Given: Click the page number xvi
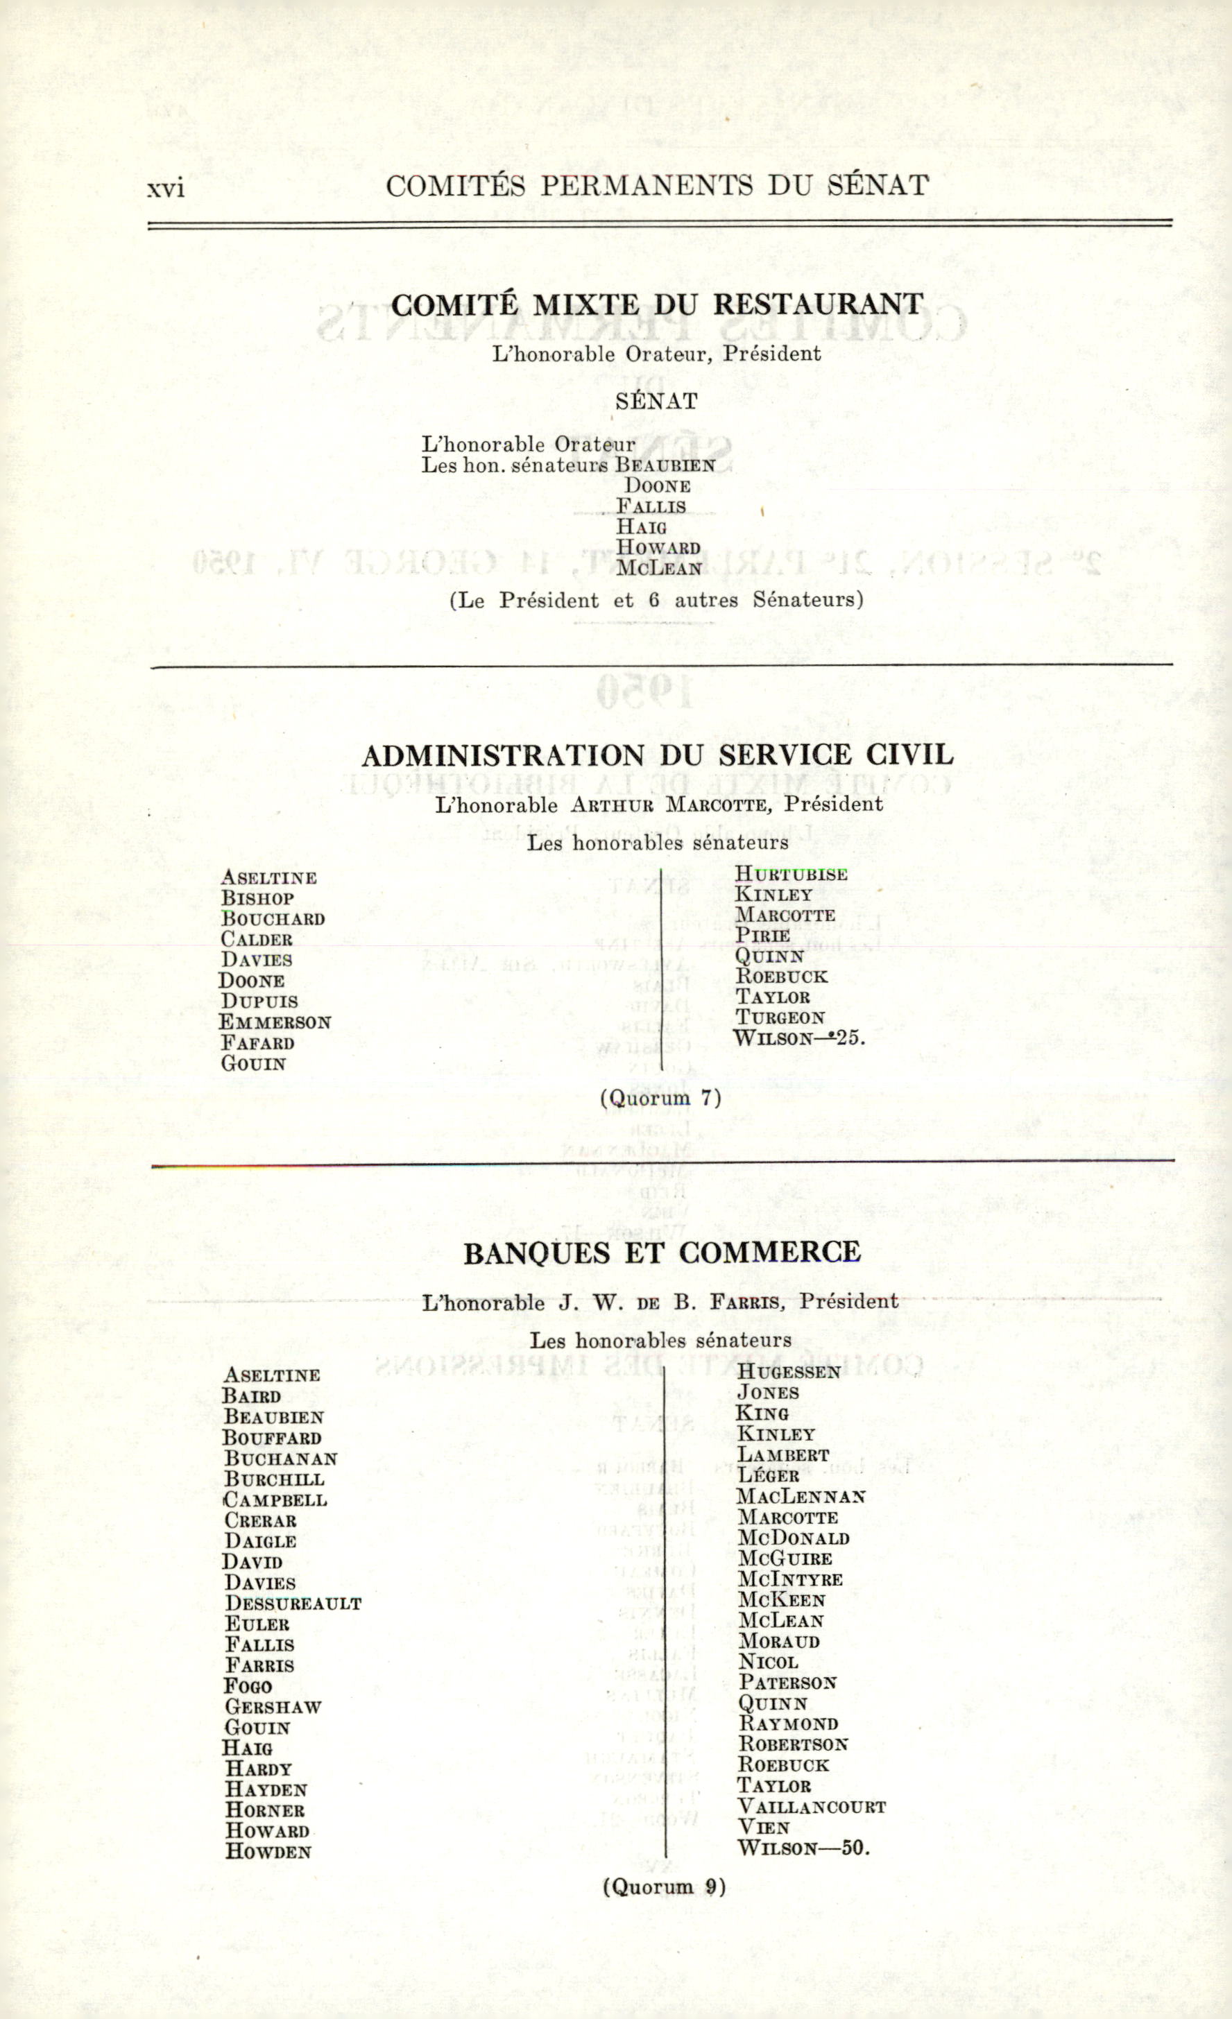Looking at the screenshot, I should click(x=166, y=189).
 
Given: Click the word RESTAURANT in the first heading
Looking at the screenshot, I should click(x=817, y=304).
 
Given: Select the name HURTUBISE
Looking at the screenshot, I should click(x=790, y=875).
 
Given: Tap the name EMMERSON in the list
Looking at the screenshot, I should click(x=275, y=1022).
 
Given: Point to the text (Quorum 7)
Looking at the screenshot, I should click(x=660, y=1098).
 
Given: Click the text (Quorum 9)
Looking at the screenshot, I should click(x=664, y=1887).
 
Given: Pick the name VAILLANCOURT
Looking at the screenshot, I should click(x=812, y=1807).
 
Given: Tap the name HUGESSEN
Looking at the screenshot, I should click(x=789, y=1372).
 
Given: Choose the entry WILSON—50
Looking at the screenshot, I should click(x=803, y=1848).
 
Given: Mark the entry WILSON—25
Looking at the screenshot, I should click(x=798, y=1038).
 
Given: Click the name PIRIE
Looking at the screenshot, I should click(x=762, y=935).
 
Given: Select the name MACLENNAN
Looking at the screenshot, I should click(x=800, y=1496).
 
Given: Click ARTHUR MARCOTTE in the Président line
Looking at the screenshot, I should click(x=669, y=805).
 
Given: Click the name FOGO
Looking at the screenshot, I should click(x=248, y=1685).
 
